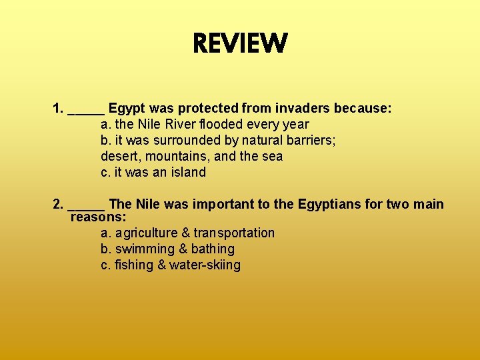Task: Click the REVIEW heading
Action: point(240,45)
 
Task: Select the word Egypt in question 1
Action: point(127,109)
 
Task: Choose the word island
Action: point(187,172)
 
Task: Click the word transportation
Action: point(234,233)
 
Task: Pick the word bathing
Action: point(213,249)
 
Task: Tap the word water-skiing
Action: point(205,265)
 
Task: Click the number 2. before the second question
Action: point(58,204)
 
